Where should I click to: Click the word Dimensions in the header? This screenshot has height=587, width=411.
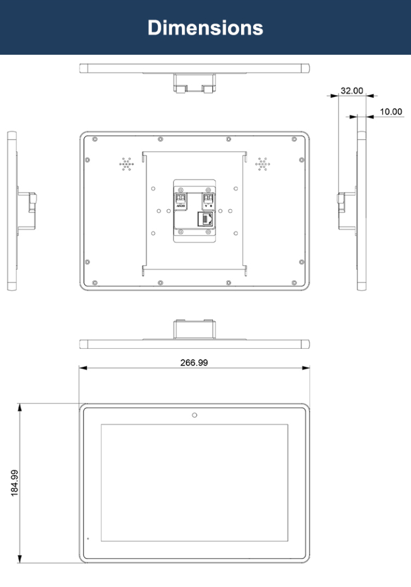tap(205, 28)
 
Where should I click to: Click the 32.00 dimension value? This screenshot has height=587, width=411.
tap(351, 91)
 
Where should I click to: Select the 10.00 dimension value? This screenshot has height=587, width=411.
tap(391, 112)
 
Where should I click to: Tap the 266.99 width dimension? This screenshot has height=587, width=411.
tap(194, 362)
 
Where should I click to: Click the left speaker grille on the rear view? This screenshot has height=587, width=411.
tap(127, 164)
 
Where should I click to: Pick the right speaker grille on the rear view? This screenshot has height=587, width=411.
tap(263, 164)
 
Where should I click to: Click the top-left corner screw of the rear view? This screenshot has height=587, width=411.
tap(94, 140)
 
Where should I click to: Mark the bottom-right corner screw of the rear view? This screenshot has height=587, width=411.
tap(295, 282)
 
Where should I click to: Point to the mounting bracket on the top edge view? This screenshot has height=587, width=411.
tap(194, 82)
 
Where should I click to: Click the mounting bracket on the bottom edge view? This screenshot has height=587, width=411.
tap(194, 330)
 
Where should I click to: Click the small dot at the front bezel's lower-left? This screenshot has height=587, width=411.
tap(88, 538)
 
